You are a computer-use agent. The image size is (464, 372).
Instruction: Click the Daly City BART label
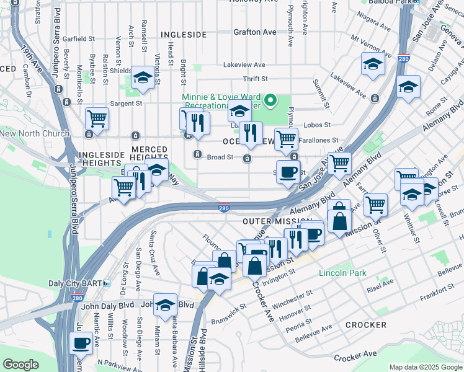[81, 283]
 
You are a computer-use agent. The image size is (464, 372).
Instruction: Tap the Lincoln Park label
[342, 273]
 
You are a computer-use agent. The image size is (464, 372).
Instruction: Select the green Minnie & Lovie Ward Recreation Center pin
[270, 100]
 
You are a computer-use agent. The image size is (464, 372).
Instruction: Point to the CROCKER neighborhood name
[365, 325]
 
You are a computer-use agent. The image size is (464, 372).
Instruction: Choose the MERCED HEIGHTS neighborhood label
[149, 154]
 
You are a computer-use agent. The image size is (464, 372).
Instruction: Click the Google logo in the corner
[20, 365]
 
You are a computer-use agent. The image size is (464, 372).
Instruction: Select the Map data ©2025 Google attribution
[425, 367]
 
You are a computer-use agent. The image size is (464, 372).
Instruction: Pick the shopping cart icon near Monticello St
[97, 117]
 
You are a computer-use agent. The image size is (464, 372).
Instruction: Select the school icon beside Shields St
[143, 77]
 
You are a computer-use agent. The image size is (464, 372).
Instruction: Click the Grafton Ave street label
[255, 32]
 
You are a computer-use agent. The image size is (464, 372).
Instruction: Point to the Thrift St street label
[255, 79]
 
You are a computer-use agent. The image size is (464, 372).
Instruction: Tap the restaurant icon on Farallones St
[251, 133]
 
